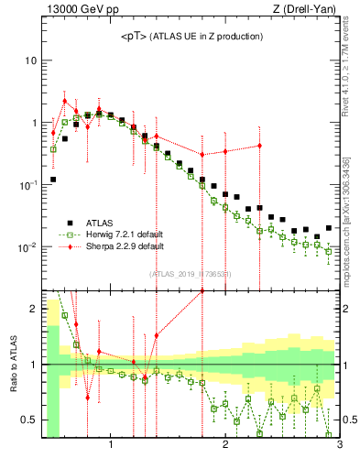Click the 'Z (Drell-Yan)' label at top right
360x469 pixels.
309,10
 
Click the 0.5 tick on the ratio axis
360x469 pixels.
29,420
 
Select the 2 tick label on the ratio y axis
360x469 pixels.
34,309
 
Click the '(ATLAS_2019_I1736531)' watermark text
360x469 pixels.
191,274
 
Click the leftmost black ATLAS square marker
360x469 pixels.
53,180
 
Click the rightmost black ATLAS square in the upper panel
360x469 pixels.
329,228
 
